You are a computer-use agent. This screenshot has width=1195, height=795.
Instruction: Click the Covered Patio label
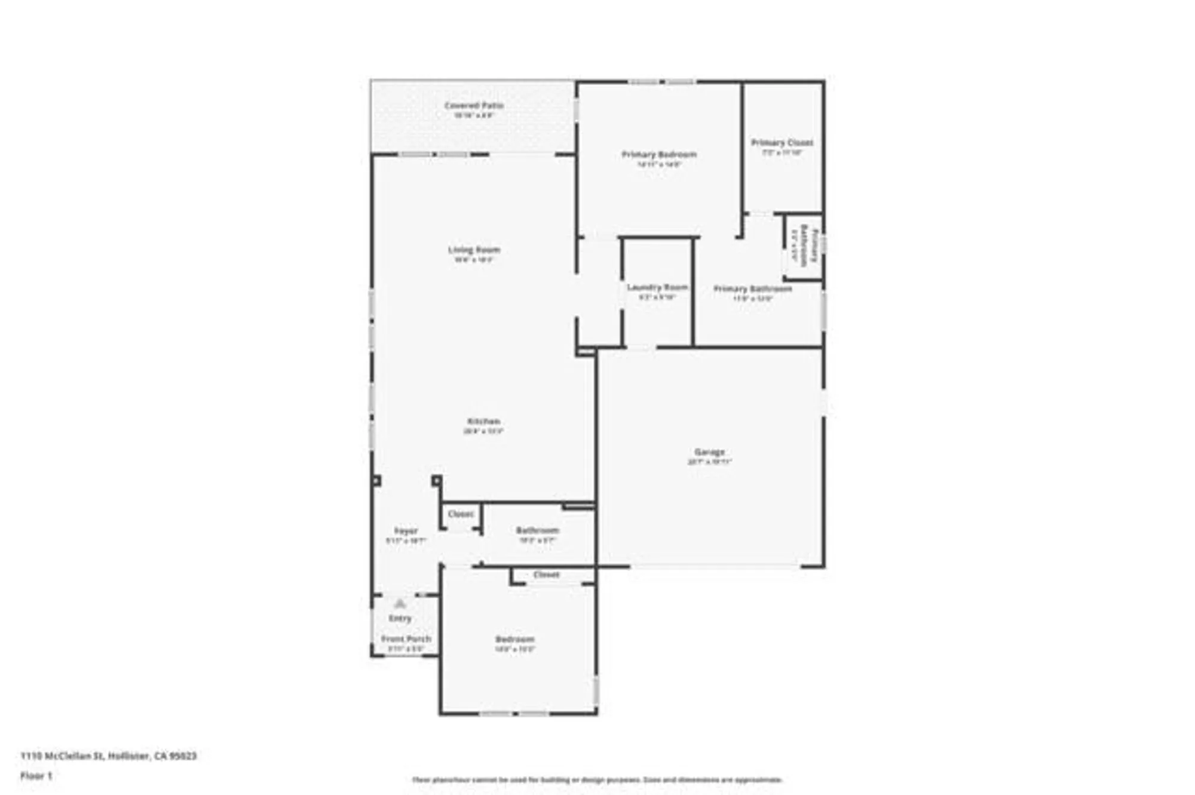474,106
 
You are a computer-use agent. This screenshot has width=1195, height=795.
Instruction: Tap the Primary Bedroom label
659,155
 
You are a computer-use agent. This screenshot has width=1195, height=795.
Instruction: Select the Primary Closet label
782,143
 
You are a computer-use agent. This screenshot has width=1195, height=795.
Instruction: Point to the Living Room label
474,250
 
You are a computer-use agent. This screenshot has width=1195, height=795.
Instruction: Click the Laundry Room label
657,287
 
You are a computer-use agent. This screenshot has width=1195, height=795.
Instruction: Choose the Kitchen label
483,421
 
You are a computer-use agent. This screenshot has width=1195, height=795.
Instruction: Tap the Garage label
709,452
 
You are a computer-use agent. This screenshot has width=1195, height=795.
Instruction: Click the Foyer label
406,530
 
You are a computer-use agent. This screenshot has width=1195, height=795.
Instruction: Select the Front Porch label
406,639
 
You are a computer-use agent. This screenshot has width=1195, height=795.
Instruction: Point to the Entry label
400,618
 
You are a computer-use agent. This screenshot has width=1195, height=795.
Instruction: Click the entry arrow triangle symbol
400,604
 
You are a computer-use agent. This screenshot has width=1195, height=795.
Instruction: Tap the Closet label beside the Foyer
461,514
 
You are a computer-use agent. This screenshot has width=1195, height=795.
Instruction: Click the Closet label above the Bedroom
546,575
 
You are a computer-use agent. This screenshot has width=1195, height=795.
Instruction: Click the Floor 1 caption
36,776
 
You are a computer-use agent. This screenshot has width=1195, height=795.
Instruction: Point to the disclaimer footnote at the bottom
597,779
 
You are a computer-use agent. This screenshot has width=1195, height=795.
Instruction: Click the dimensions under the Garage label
709,462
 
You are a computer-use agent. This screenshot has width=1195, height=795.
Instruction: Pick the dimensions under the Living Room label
474,260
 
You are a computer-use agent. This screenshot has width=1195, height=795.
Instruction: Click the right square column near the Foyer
437,480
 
